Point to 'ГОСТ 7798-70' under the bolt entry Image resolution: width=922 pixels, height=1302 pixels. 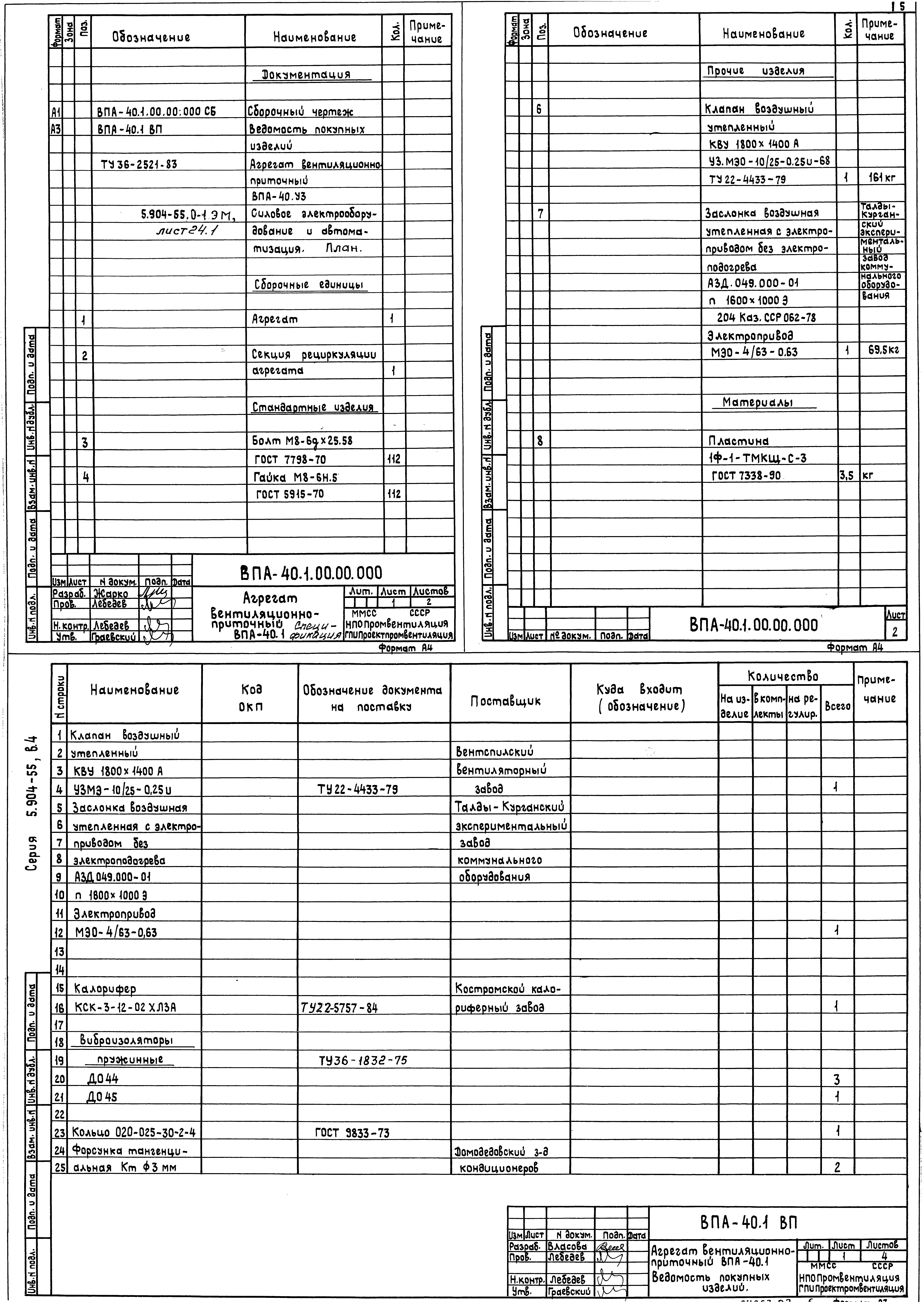[x=290, y=459]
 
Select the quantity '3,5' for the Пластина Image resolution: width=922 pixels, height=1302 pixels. [x=847, y=476]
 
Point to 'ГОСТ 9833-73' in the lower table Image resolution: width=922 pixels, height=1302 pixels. [x=352, y=1133]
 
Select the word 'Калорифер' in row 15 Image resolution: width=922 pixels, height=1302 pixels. [x=105, y=989]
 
